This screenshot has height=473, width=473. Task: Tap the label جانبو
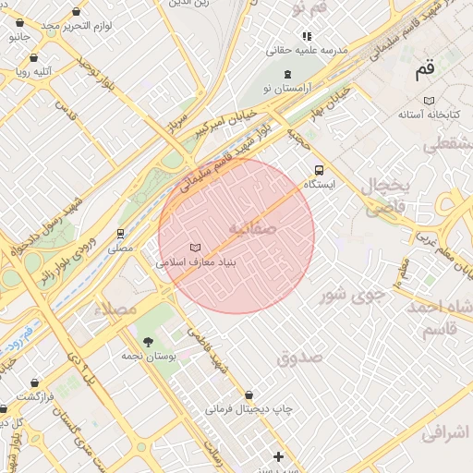(x=19, y=38)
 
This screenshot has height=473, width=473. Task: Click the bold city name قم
(x=425, y=68)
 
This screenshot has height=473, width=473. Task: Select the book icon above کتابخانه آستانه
(x=429, y=100)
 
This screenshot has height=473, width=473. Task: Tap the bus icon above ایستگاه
(x=319, y=170)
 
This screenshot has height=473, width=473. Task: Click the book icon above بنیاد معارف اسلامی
(x=195, y=248)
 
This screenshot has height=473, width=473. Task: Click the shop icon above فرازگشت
(x=35, y=382)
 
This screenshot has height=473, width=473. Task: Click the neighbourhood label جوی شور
(x=351, y=296)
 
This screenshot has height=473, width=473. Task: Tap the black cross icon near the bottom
(x=278, y=456)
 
